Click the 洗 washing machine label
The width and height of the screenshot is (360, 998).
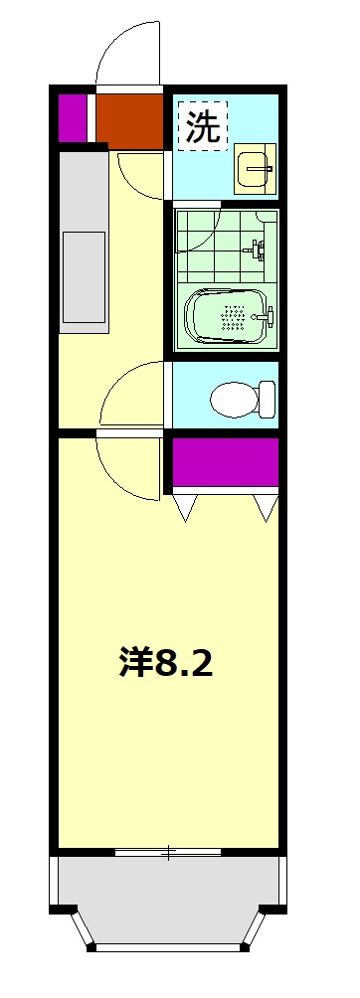(x=203, y=126)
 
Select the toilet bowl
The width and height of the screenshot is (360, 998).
(x=242, y=398)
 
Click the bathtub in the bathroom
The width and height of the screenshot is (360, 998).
(x=228, y=317)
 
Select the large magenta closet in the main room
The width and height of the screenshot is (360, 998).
(x=226, y=462)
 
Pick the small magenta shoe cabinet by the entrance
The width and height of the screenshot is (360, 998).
(x=72, y=117)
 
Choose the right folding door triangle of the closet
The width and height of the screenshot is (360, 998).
(x=266, y=506)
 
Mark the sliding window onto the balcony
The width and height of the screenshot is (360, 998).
(x=169, y=852)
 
